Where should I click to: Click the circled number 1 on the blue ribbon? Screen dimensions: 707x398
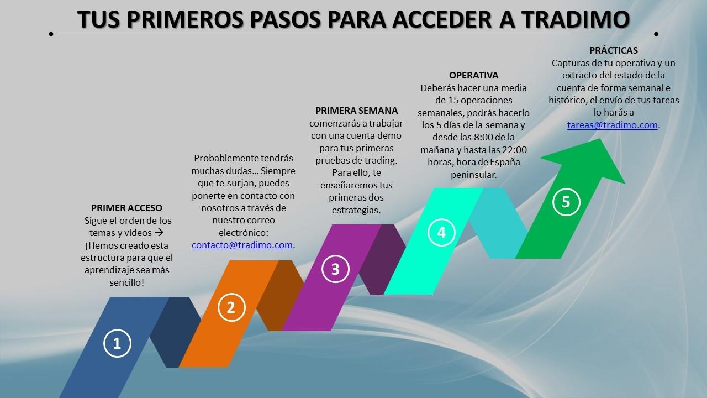coord(117,343)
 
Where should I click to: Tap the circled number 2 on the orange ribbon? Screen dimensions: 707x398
coord(231,307)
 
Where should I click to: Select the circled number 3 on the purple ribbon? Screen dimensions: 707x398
coord(335,269)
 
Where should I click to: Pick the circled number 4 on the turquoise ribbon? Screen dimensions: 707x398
coord(441,233)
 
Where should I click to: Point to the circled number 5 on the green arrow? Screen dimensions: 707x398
coord(566,202)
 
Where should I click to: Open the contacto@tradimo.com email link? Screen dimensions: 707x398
coord(242,245)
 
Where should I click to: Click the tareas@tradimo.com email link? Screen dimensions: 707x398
coord(613,125)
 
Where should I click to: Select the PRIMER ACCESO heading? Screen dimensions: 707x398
coord(126,208)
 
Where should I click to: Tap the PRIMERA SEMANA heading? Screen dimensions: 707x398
coord(356,111)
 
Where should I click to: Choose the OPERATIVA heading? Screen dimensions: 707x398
coord(473,75)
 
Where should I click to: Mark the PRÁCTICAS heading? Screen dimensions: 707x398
coord(614,50)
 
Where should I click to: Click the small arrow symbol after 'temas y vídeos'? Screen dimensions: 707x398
coord(159,233)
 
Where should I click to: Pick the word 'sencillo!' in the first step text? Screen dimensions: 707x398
coord(126,282)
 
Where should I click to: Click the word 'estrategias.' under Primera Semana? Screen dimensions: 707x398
coord(356,211)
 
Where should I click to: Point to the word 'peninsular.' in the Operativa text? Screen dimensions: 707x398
coord(473,175)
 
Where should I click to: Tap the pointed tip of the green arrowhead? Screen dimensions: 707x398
coord(599,139)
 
